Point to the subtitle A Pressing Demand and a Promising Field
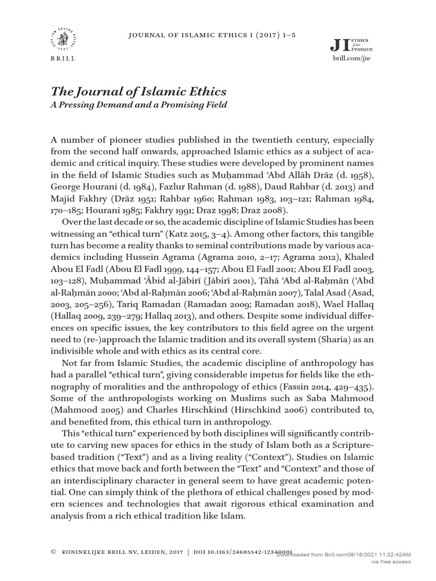click(x=139, y=104)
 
